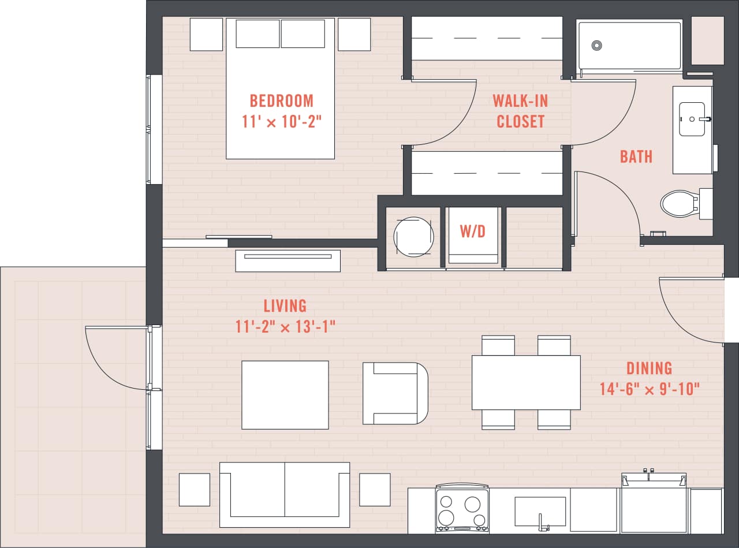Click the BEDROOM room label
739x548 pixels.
pyautogui.click(x=281, y=101)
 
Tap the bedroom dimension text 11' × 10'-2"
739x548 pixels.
pyautogui.click(x=281, y=122)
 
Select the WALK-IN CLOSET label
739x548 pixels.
pyautogui.click(x=520, y=111)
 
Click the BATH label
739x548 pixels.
pyautogui.click(x=636, y=156)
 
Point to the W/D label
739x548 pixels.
pyautogui.click(x=472, y=232)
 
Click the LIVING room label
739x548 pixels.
pyautogui.click(x=285, y=305)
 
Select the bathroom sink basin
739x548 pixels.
pyautogui.click(x=692, y=119)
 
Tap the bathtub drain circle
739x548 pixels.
pyautogui.click(x=597, y=45)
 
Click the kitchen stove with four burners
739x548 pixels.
pyautogui.click(x=462, y=508)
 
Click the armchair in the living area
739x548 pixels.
pyautogui.click(x=395, y=393)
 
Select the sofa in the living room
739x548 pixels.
pyautogui.click(x=285, y=494)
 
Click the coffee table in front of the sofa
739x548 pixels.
pyautogui.click(x=285, y=395)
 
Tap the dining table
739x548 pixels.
pyautogui.click(x=526, y=382)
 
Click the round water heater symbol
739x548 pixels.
pyautogui.click(x=413, y=236)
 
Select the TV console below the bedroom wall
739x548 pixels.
pyautogui.click(x=288, y=260)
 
